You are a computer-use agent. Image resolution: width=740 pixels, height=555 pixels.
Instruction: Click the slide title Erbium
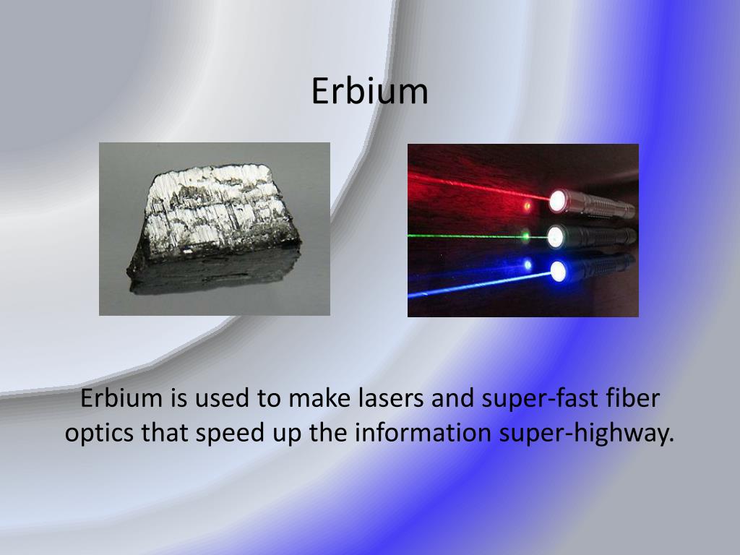(369, 92)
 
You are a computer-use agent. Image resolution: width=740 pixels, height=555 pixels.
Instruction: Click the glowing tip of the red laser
(557, 201)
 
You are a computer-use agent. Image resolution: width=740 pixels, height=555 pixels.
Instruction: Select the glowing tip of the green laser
(556, 236)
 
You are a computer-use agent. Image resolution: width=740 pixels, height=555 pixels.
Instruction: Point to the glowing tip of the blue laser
(558, 271)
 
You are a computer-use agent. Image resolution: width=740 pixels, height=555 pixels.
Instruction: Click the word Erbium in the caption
(122, 398)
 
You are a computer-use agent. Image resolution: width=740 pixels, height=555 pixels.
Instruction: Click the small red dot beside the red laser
(528, 206)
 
